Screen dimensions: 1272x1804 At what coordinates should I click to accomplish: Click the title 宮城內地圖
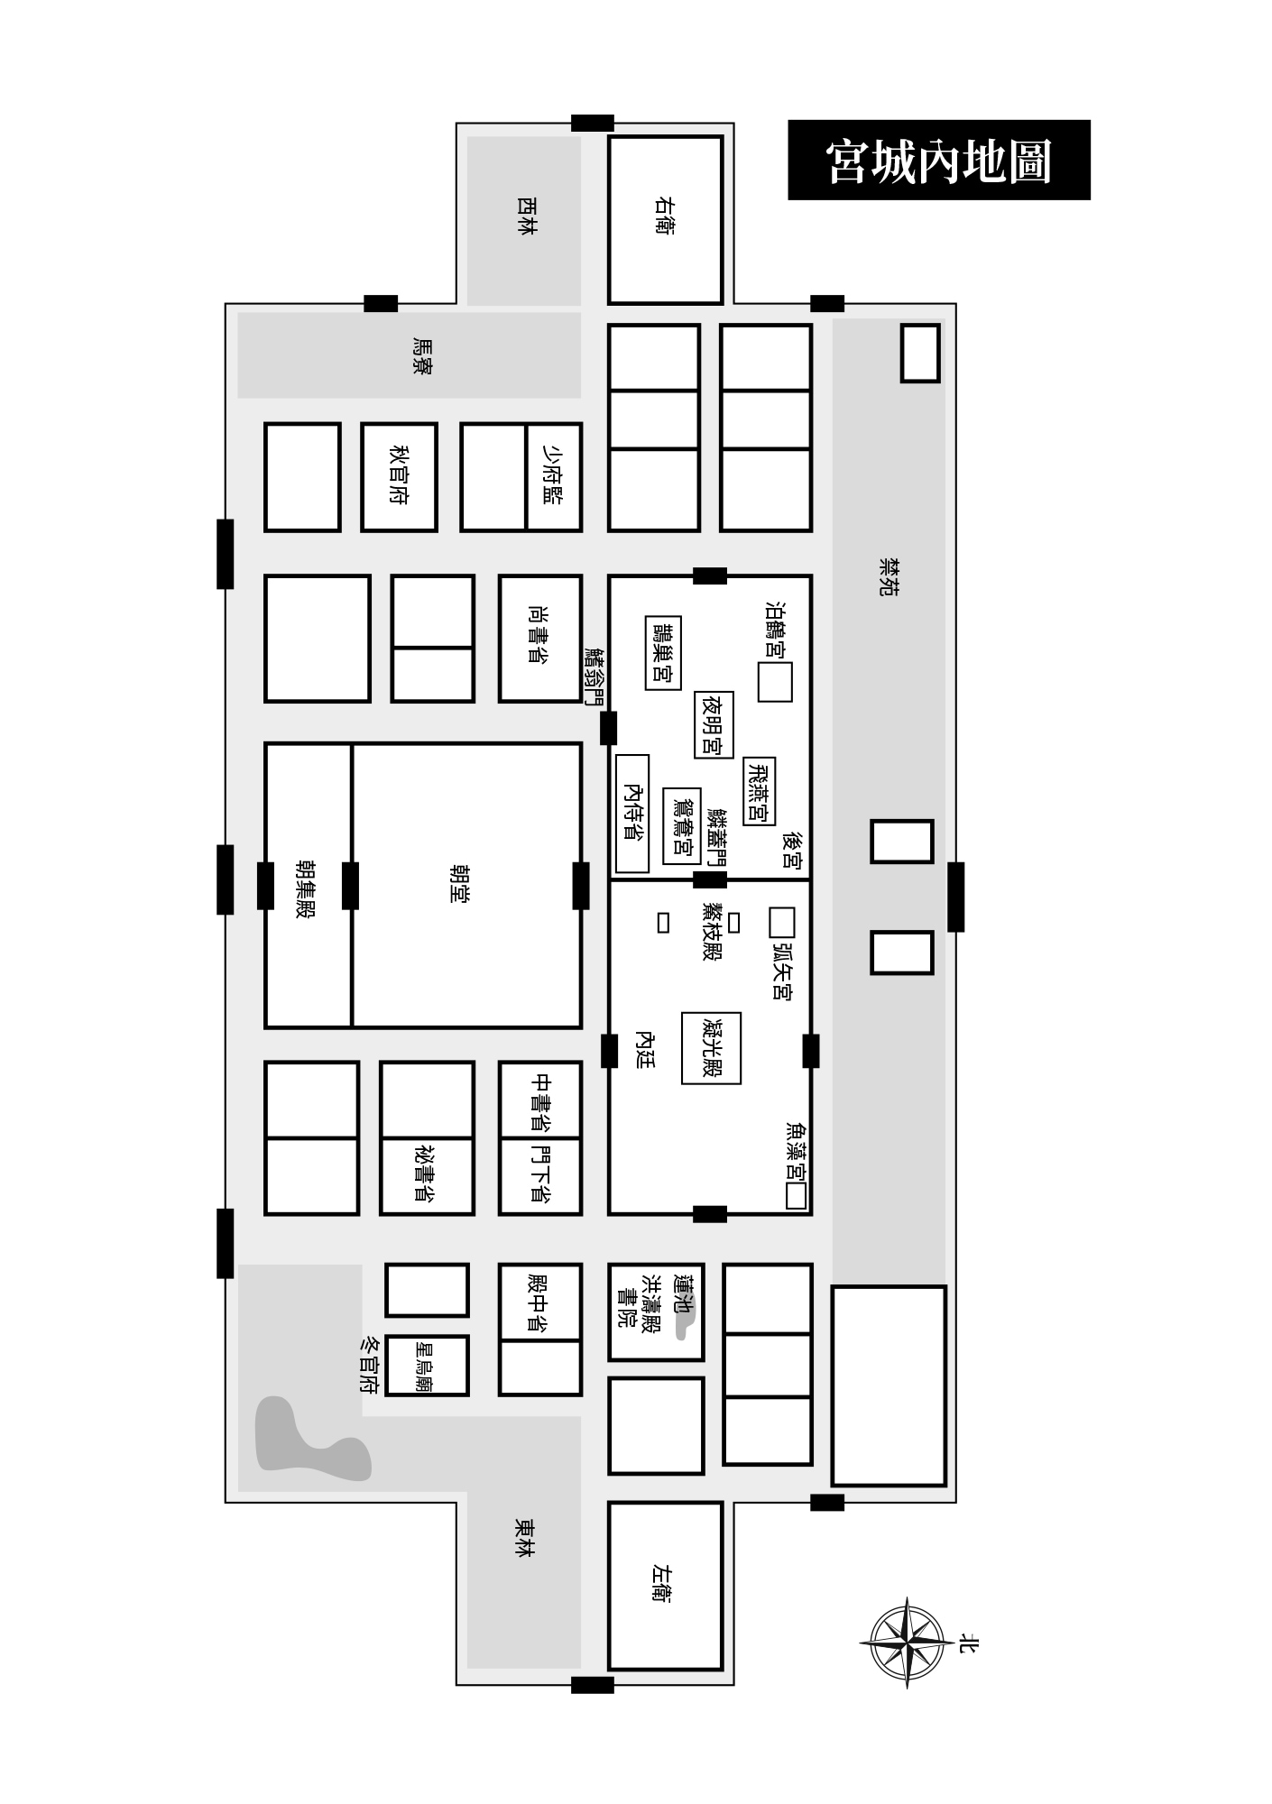coord(939,161)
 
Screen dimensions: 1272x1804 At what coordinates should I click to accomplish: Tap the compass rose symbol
coord(907,1643)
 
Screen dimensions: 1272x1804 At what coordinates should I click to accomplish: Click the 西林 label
coord(527,216)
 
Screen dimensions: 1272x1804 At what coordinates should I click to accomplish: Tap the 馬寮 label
coord(422,355)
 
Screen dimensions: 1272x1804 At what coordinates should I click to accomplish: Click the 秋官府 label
coord(398,474)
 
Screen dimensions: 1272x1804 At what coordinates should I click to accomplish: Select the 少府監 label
coord(552,474)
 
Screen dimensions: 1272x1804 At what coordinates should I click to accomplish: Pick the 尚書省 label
coord(539,635)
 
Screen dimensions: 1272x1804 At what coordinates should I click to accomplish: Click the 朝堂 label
coord(459,883)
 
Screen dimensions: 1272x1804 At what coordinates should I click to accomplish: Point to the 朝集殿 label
coord(306,888)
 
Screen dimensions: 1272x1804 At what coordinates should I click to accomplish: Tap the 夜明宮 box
coord(714,724)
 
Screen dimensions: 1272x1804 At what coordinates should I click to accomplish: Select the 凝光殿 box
coord(711,1047)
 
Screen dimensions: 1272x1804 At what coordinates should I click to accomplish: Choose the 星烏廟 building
coord(427,1365)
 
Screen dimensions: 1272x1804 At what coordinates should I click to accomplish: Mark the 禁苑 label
coord(889,577)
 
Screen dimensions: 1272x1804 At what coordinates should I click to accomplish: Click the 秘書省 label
coord(424,1174)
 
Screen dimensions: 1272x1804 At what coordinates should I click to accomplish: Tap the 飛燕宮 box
coord(760,791)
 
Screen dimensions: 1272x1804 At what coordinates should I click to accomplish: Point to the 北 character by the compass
coord(969,1643)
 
